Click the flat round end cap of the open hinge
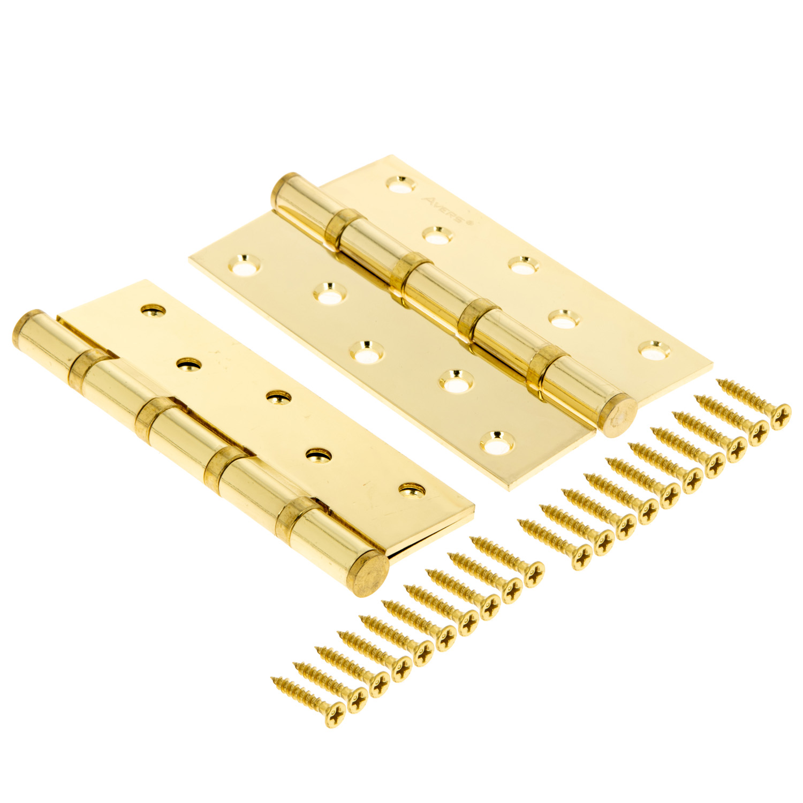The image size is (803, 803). coord(619,414)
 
